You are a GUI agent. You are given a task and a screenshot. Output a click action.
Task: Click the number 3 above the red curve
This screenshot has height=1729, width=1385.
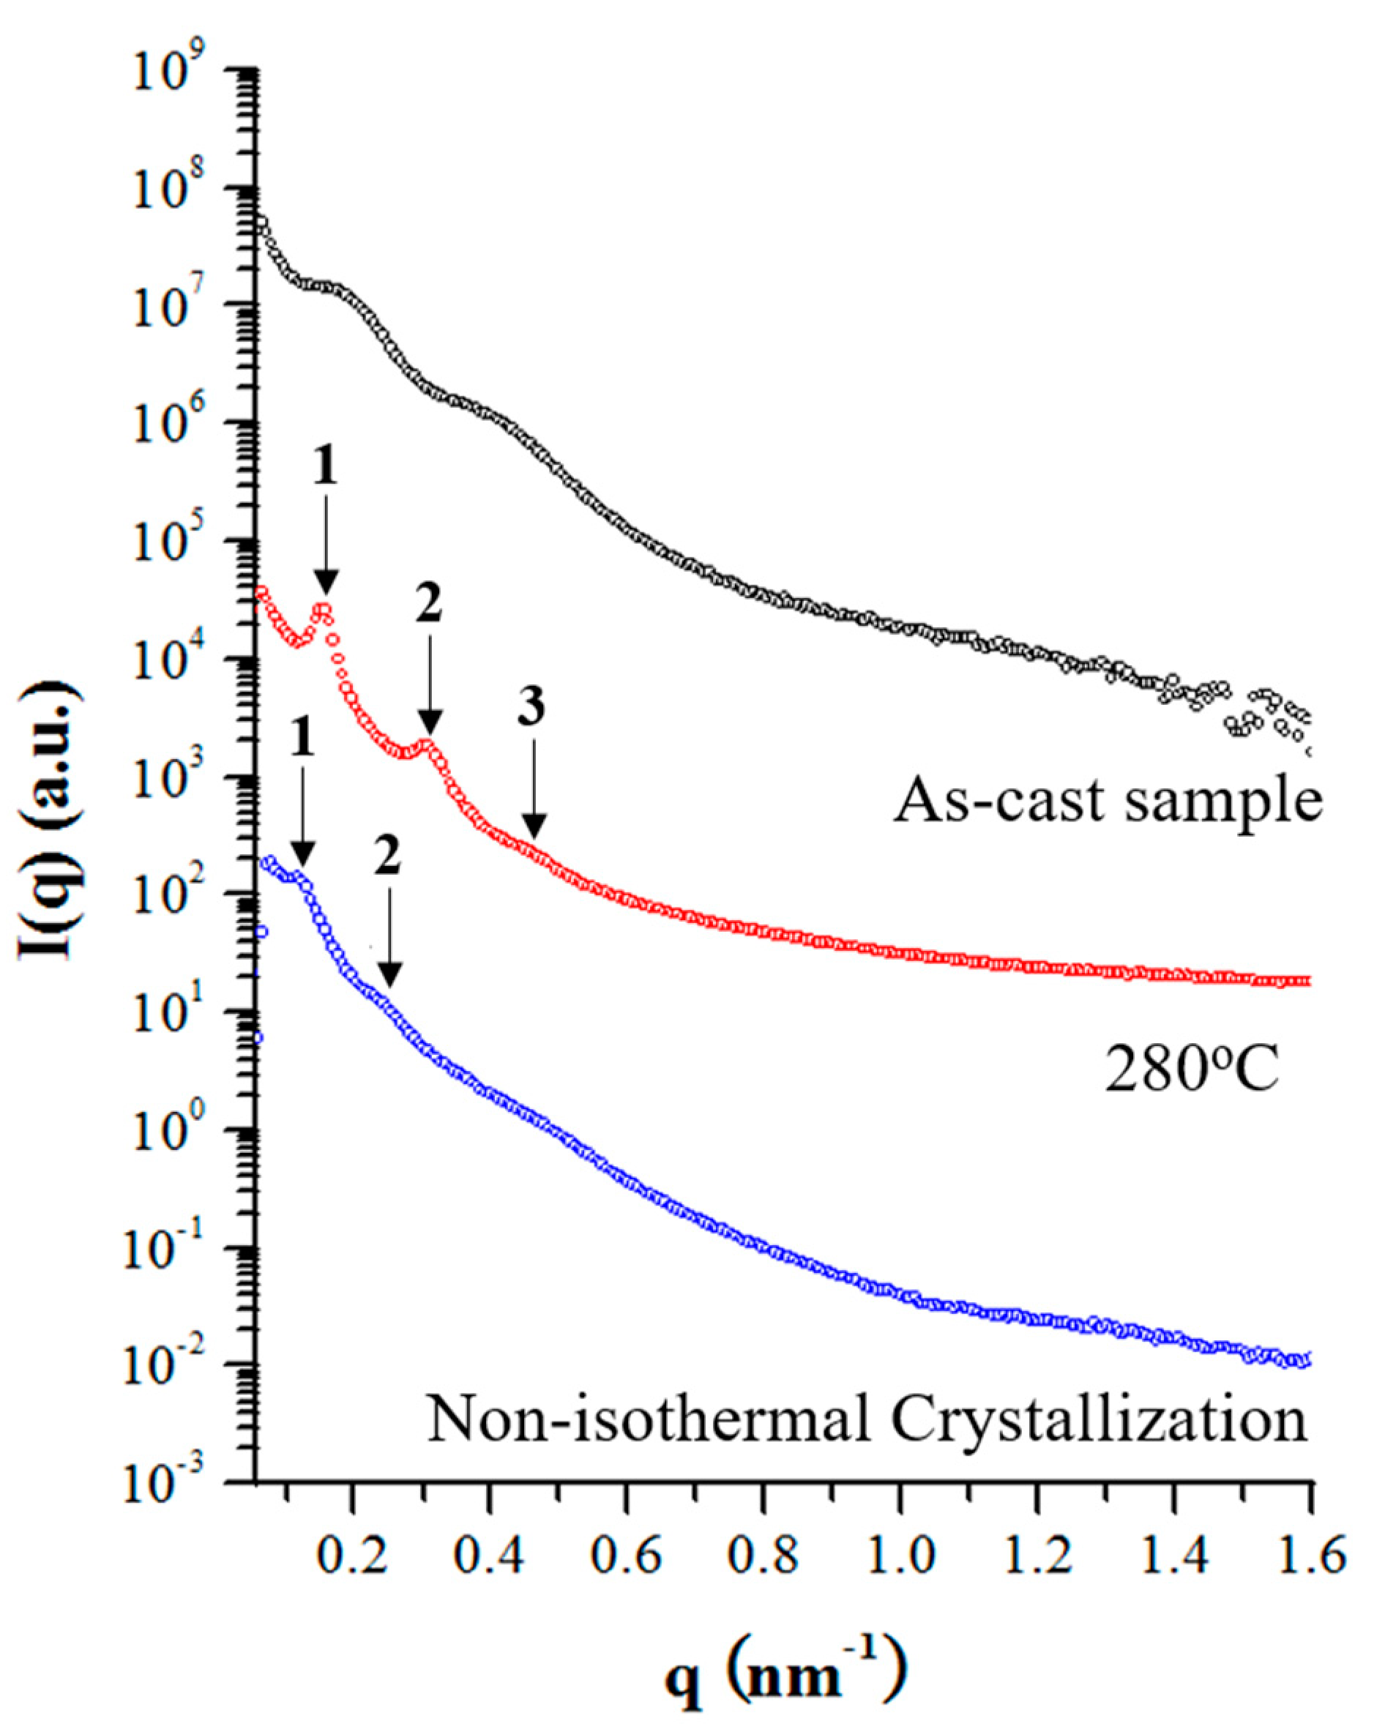coord(530,707)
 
